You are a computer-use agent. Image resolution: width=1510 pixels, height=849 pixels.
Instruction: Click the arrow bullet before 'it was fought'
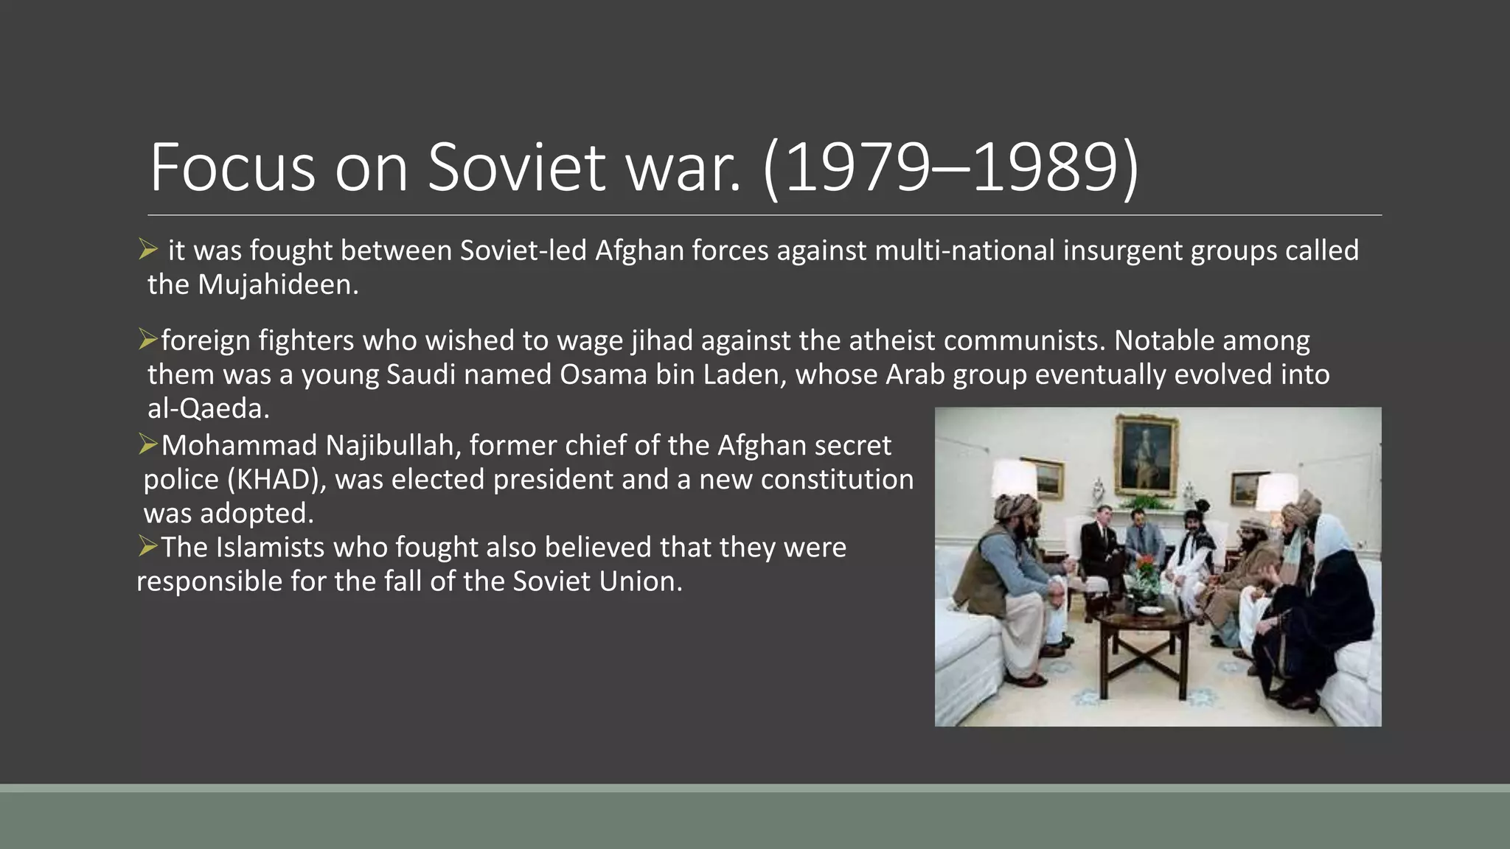pyautogui.click(x=148, y=250)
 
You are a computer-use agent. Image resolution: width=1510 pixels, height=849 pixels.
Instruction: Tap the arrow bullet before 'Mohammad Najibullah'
pyautogui.click(x=148, y=444)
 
